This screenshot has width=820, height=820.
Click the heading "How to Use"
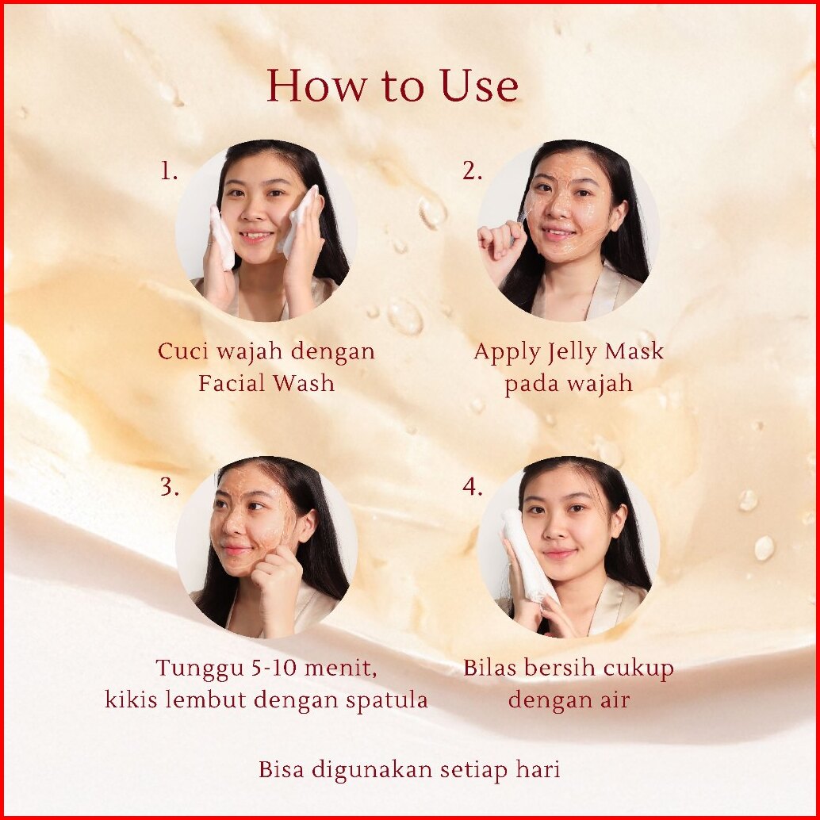(x=393, y=85)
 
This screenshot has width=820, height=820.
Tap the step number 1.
(x=168, y=171)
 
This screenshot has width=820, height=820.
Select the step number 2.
(x=472, y=171)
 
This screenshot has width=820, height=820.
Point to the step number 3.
(x=169, y=487)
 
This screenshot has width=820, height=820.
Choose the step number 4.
(x=472, y=487)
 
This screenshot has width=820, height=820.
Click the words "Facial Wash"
(x=266, y=383)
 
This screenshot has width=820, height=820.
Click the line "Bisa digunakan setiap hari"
(x=409, y=770)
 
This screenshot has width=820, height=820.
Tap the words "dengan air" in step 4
(x=569, y=700)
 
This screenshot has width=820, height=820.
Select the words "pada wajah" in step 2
(x=569, y=384)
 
